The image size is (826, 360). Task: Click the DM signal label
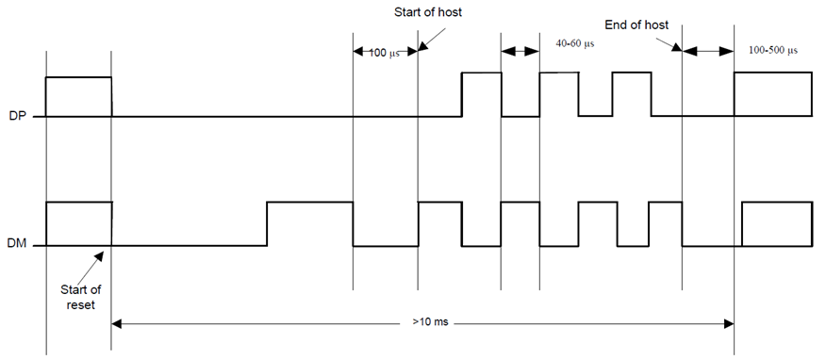click(15, 246)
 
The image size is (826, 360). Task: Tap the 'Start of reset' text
click(78, 296)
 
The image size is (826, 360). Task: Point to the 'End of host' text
click(637, 25)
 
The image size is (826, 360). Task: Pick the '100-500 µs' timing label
click(772, 49)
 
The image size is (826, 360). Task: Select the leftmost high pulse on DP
click(78, 96)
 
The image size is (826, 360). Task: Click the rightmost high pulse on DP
click(771, 94)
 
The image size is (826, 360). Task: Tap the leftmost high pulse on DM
click(78, 223)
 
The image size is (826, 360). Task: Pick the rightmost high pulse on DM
click(776, 223)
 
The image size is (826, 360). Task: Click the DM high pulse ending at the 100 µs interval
click(309, 223)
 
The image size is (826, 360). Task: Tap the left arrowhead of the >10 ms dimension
click(118, 323)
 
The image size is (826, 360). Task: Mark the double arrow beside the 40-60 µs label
click(520, 51)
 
